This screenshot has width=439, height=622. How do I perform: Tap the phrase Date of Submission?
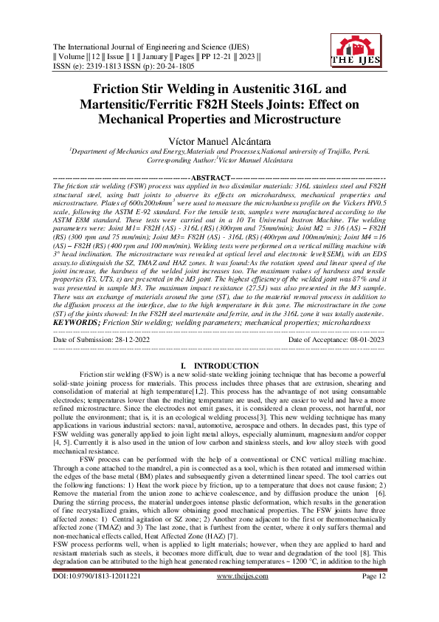pyautogui.click(x=86, y=339)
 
